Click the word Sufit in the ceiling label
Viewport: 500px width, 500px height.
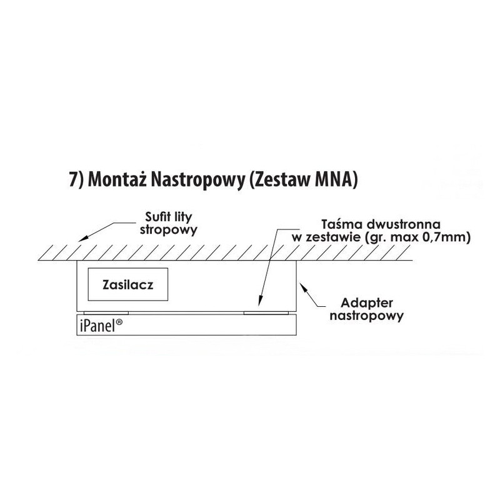point(149,219)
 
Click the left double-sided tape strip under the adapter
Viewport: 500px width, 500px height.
point(106,313)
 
